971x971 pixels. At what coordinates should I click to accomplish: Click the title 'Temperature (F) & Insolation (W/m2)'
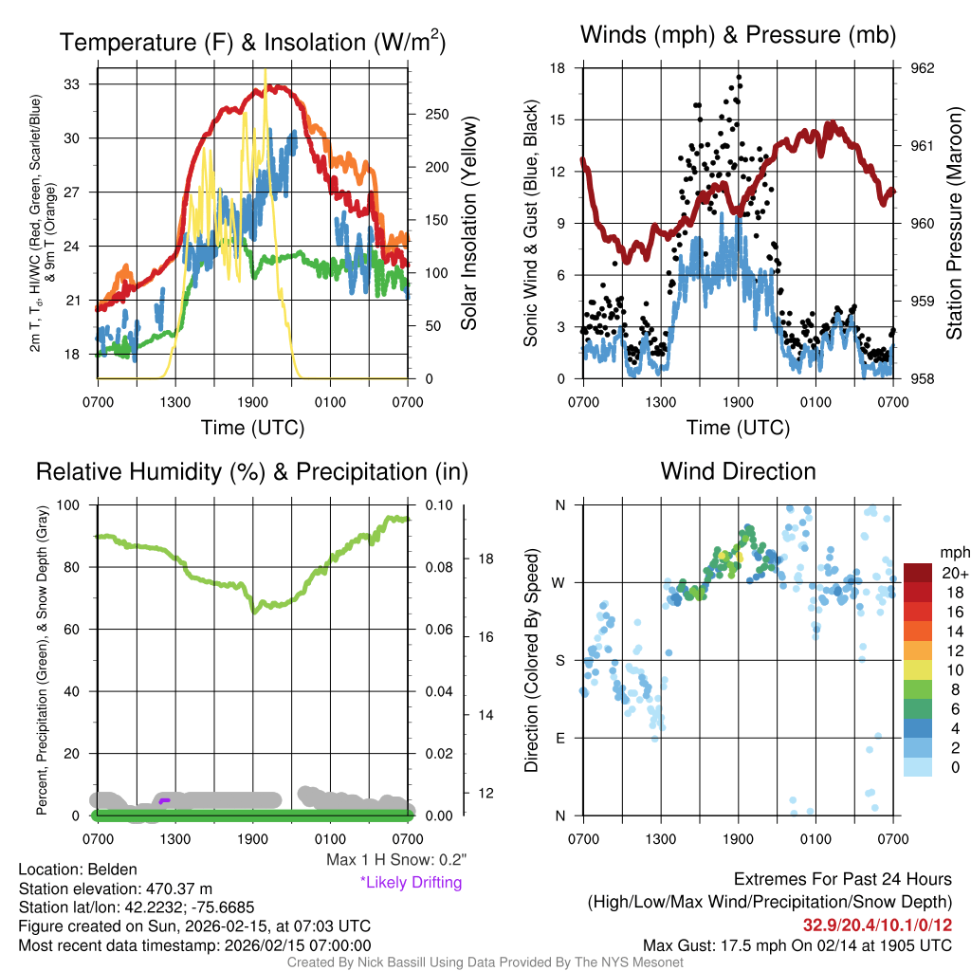(253, 42)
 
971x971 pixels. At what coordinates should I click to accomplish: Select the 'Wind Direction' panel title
(738, 471)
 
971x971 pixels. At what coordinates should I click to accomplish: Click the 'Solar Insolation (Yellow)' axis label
(469, 224)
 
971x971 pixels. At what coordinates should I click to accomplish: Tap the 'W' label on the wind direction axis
(559, 582)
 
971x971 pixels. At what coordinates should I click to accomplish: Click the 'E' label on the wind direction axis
(560, 738)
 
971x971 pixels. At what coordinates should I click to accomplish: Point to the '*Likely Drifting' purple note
(411, 883)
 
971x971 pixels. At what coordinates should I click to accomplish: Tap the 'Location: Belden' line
(78, 870)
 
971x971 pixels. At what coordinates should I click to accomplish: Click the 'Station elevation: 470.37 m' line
(115, 889)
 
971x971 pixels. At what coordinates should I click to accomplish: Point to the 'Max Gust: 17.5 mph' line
(797, 944)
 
